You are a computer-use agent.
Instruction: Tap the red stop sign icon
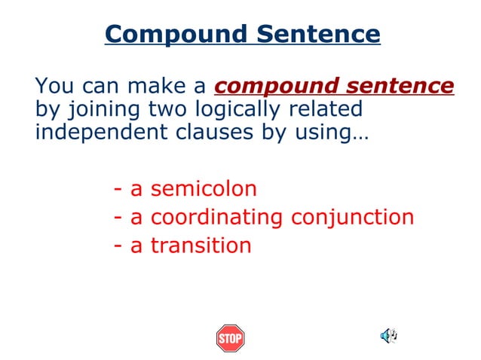[x=230, y=338]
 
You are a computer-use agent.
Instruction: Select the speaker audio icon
[x=388, y=336]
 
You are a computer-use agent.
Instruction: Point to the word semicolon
[x=204, y=189]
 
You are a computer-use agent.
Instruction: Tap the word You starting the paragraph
[x=53, y=86]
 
